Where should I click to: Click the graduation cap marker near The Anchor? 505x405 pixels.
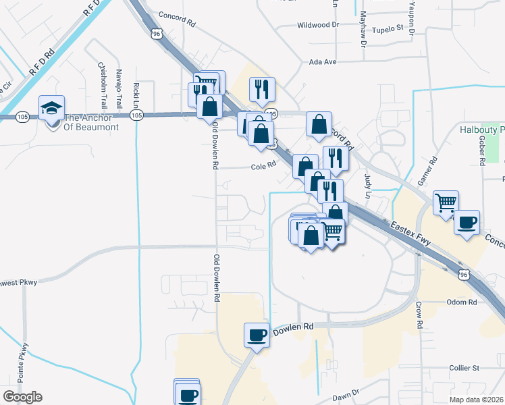(51, 109)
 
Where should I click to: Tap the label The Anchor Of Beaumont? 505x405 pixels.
(90, 122)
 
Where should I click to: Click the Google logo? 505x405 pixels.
(22, 397)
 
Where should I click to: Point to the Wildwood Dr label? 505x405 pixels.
(318, 26)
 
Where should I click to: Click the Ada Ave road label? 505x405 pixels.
(322, 61)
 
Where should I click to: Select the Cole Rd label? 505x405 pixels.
(264, 165)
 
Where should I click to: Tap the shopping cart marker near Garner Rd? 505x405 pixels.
(446, 202)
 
